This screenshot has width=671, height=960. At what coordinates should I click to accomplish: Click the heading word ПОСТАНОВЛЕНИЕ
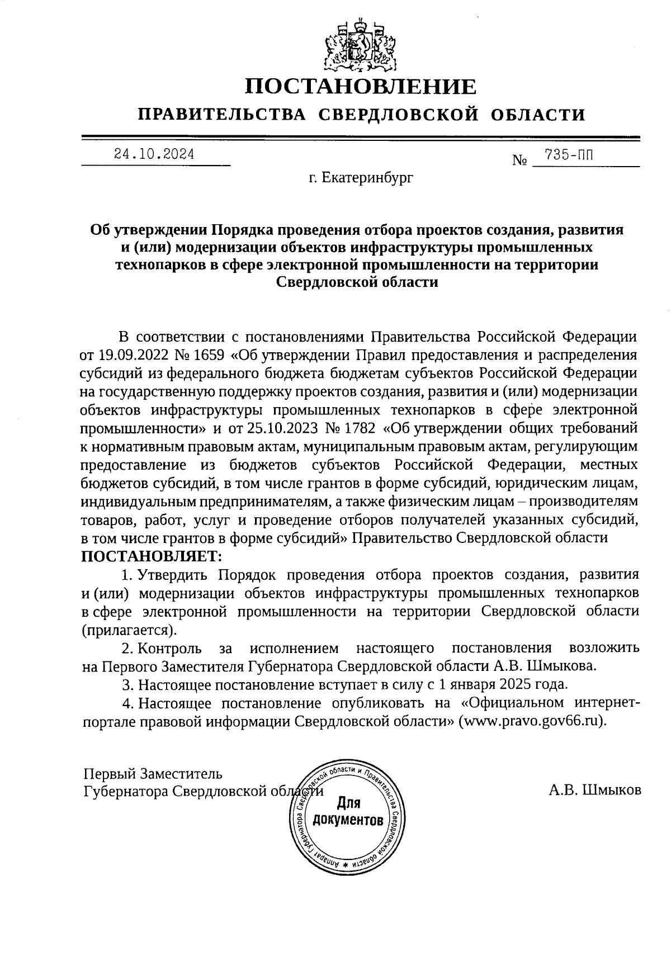pos(362,87)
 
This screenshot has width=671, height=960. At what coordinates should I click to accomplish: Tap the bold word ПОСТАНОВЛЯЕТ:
pos(152,556)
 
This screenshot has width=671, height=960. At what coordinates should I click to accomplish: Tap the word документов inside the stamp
pos(348,820)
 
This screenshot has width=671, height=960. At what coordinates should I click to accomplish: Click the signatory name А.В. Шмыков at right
pos(595,790)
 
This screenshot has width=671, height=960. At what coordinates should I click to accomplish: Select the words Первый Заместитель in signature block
pos(153,774)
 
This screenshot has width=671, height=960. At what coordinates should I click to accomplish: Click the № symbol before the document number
pos(520,161)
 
